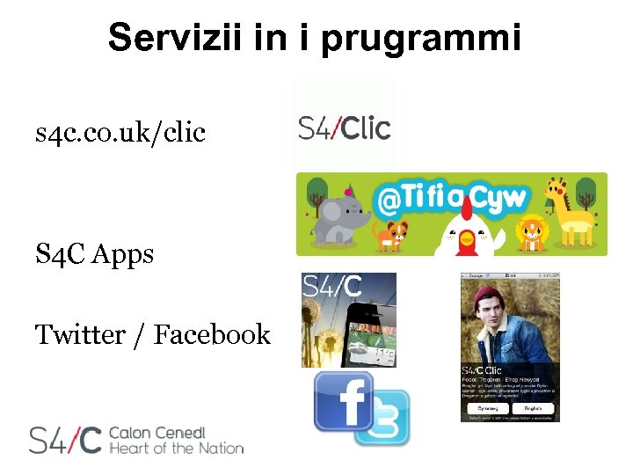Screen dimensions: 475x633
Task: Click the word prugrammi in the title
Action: coord(421,40)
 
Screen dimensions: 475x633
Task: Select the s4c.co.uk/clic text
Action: coord(120,133)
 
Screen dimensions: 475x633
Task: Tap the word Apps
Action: coord(122,255)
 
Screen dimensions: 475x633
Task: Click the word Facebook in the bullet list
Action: coord(212,334)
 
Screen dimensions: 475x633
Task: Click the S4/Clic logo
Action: coord(344,128)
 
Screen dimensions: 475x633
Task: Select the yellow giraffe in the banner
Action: coord(571,211)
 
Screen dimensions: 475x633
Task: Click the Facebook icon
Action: coord(344,400)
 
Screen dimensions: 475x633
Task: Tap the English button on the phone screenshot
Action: coord(534,408)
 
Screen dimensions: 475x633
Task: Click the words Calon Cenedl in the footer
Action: coord(156,432)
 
